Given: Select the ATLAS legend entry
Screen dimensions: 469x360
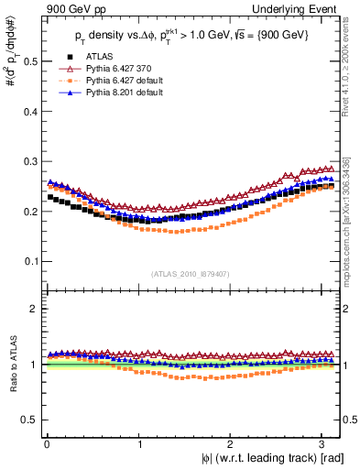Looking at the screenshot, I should (100, 56).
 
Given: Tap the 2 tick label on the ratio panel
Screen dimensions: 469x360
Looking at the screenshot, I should (32, 309).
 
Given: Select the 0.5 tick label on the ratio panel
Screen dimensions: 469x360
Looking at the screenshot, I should (27, 420).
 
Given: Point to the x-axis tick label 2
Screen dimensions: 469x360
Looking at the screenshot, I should (233, 443).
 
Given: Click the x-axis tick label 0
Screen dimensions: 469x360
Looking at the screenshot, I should (47, 443).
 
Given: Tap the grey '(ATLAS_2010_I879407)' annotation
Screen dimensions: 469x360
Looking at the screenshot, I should (190, 272).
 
